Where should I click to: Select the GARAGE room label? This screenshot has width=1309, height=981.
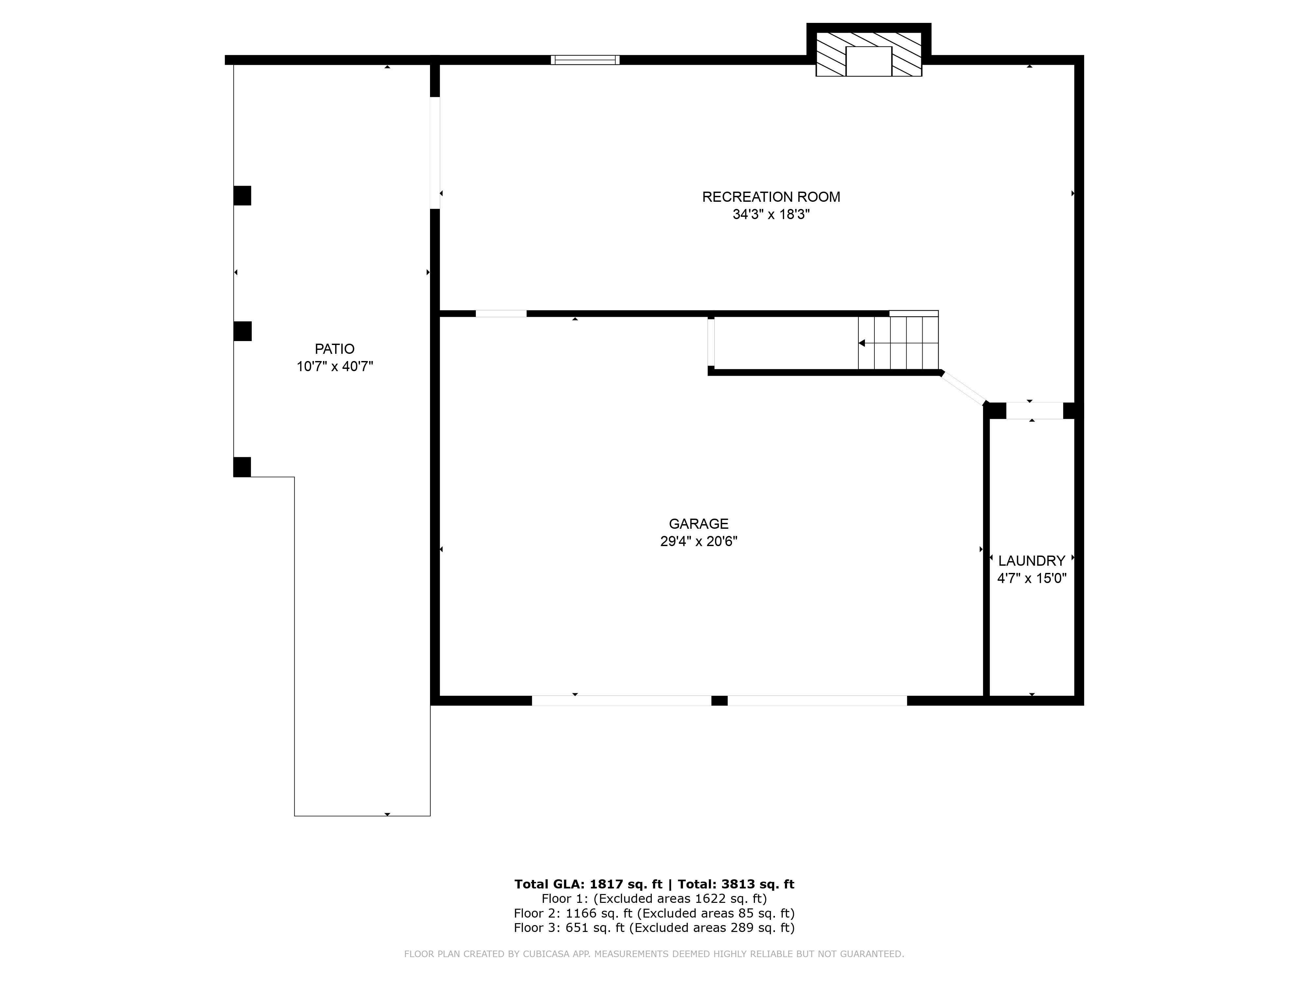698,524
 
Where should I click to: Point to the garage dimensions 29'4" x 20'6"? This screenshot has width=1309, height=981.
698,542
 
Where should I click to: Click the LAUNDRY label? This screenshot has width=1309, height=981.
1031,560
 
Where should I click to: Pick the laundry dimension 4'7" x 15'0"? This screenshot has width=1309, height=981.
1031,578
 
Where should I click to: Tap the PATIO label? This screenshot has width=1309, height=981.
334,349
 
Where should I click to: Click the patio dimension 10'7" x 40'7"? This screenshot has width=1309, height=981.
334,367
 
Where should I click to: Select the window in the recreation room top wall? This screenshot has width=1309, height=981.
585,60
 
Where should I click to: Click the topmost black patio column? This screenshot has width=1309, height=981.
242,196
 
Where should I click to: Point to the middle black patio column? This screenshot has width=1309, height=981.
242,331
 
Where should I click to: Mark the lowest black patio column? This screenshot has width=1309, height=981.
242,467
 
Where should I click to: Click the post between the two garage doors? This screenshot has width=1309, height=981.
719,701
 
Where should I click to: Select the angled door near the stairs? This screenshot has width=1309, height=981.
963,388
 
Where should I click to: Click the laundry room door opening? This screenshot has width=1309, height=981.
1034,411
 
